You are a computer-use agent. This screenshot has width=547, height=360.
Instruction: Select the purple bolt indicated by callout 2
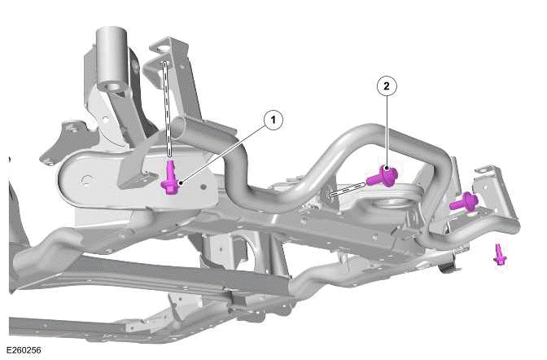[x=382, y=175]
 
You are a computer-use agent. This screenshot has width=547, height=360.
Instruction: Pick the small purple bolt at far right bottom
[x=500, y=255]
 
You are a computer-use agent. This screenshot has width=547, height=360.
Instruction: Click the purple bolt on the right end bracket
[x=463, y=201]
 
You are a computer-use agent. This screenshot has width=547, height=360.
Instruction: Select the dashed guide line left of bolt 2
[x=347, y=190]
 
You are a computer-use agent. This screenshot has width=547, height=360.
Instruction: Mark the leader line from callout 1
[x=224, y=151]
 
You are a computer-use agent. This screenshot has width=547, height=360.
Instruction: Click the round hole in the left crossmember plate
[x=78, y=174]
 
